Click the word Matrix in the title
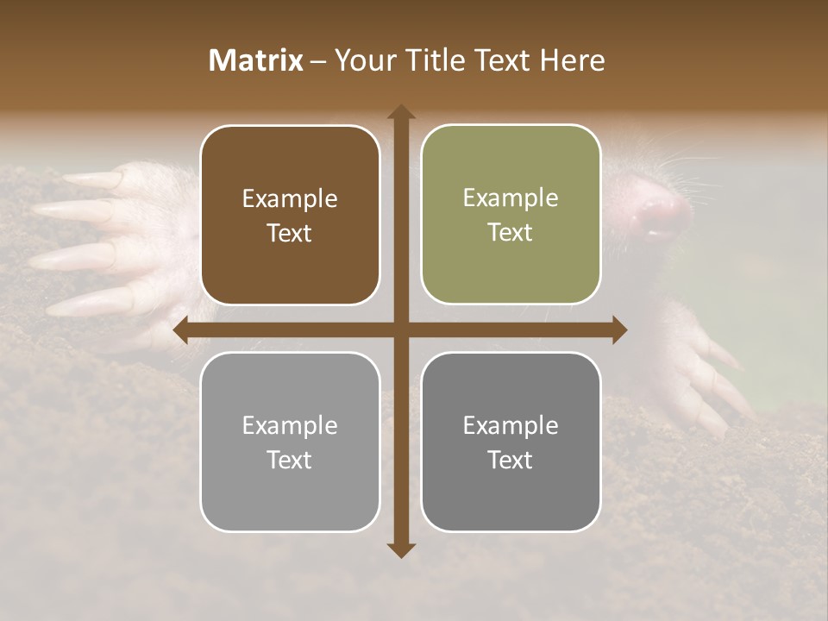pyautogui.click(x=256, y=60)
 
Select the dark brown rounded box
pyautogui.click(x=290, y=215)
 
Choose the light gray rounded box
pyautogui.click(x=290, y=442)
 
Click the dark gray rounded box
pyautogui.click(x=511, y=442)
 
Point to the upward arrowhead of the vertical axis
pyautogui.click(x=401, y=113)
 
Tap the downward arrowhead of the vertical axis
pyautogui.click(x=401, y=549)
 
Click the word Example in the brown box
pyautogui.click(x=290, y=198)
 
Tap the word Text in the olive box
pyautogui.click(x=511, y=232)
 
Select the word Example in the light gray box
pyautogui.click(x=290, y=425)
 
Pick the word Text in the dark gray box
pyautogui.click(x=511, y=460)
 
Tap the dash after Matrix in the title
pyautogui.click(x=318, y=61)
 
